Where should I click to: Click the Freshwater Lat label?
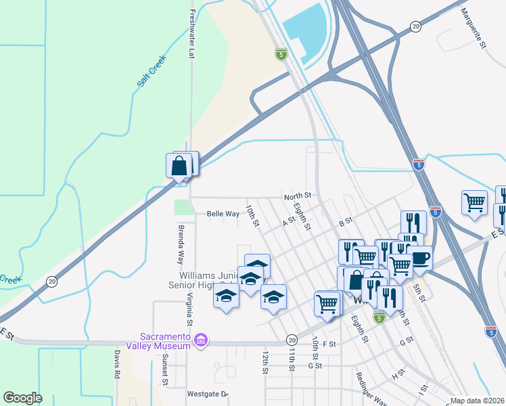(192, 34)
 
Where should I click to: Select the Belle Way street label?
(223, 214)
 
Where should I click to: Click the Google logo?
(22, 397)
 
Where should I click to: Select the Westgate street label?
(207, 394)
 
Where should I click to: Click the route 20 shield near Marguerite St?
(415, 26)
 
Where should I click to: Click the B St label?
(345, 221)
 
